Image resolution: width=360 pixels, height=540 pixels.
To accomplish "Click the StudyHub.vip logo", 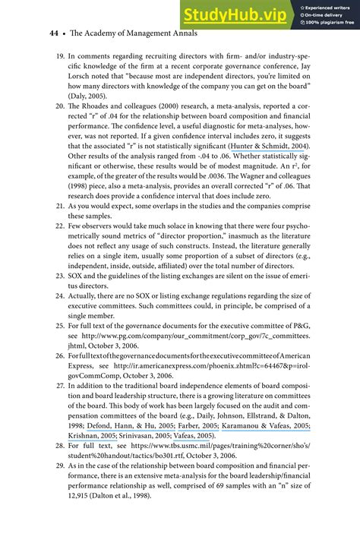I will [235, 14].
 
